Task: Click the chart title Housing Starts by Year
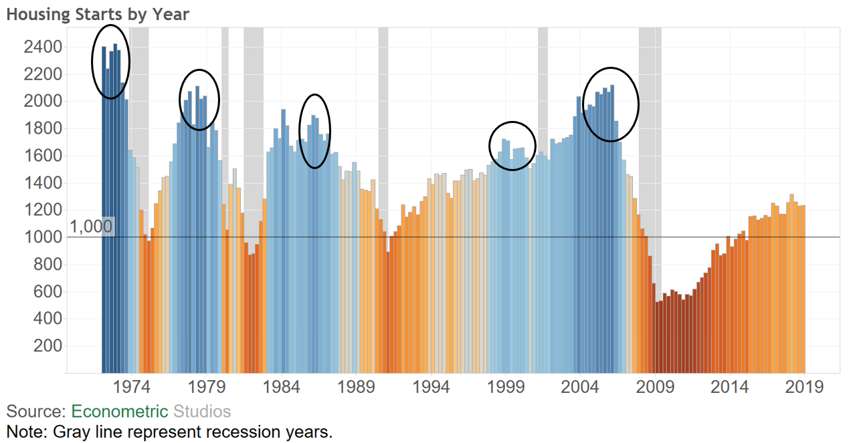click(98, 14)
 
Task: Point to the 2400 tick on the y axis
click(44, 47)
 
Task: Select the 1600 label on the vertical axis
click(44, 156)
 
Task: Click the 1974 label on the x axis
click(131, 388)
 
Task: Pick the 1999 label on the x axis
click(505, 388)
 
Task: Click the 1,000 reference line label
click(91, 227)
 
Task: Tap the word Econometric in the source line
click(120, 412)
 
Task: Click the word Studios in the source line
click(201, 412)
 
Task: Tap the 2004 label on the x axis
click(580, 388)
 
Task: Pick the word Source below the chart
click(33, 412)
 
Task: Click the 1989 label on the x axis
click(356, 388)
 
